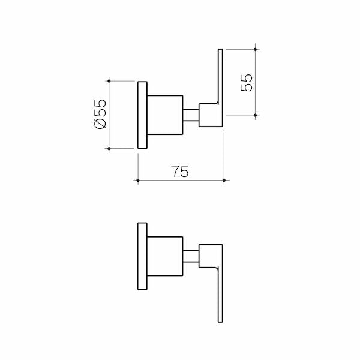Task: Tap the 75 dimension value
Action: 181,172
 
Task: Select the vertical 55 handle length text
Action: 246,82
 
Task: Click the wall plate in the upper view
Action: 142,115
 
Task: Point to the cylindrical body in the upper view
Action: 165,115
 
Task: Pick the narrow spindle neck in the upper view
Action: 191,115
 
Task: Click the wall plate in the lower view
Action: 142,258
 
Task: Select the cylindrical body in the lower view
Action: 165,258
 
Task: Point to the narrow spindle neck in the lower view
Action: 191,257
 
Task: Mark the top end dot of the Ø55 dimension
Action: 109,80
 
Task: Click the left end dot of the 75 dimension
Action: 139,180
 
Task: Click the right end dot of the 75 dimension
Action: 224,180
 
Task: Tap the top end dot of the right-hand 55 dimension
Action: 256,49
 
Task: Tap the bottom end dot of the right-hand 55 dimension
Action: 256,115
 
